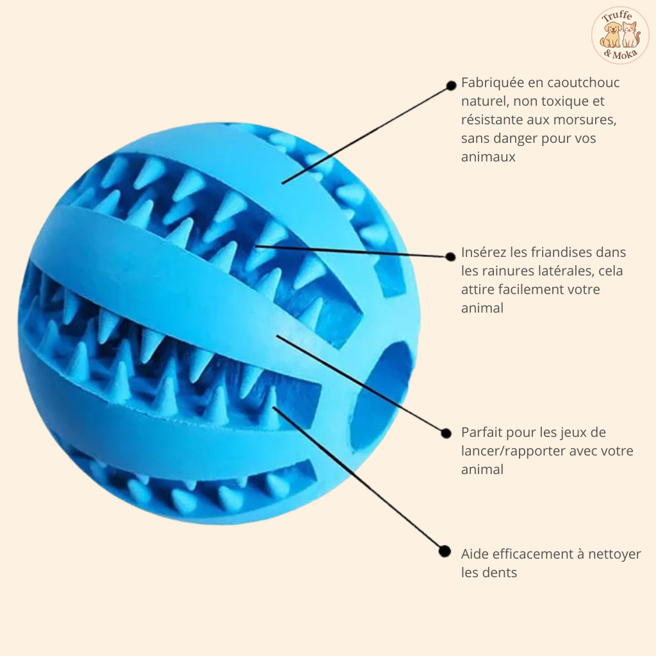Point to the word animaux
click(488, 156)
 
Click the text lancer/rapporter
click(511, 451)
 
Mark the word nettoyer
click(613, 554)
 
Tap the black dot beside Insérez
click(450, 256)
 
